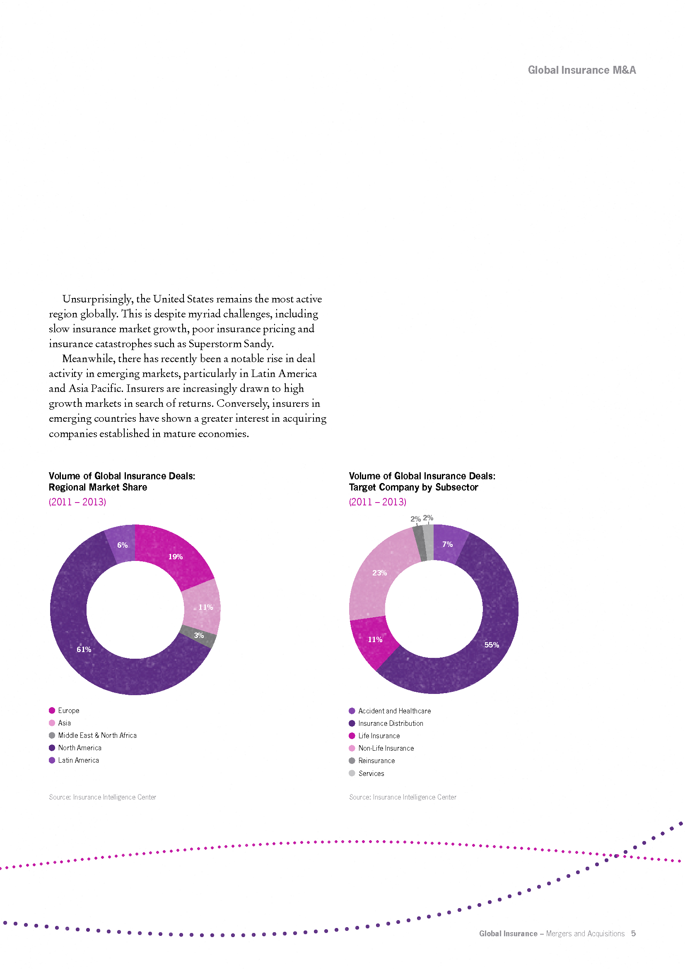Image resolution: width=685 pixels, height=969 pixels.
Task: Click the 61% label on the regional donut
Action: click(x=84, y=650)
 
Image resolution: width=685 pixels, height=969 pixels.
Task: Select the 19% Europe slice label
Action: click(x=176, y=557)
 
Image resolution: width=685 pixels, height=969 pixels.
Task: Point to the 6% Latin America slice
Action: click(x=121, y=544)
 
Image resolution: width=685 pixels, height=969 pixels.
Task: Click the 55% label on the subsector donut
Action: click(x=492, y=645)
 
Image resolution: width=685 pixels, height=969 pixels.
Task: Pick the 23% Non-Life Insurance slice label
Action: click(x=379, y=573)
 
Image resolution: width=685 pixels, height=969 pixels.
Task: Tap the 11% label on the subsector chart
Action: click(x=375, y=639)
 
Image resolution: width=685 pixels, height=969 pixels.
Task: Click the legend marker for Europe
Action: click(x=52, y=710)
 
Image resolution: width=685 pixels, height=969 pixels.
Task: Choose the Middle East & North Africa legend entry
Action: click(x=93, y=735)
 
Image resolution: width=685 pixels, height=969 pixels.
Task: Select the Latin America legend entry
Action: click(x=74, y=760)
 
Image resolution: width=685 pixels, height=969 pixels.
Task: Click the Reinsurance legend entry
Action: click(x=372, y=761)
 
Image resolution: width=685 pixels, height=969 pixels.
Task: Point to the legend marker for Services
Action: click(x=352, y=773)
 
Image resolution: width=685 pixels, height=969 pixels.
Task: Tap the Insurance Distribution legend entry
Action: click(x=386, y=723)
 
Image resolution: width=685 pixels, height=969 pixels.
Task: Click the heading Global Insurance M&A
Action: click(x=581, y=70)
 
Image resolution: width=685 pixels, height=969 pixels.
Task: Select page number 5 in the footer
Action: click(x=633, y=933)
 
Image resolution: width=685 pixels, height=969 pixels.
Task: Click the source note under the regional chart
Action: click(x=102, y=797)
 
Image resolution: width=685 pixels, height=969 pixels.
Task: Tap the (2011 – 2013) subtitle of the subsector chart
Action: click(x=378, y=502)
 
